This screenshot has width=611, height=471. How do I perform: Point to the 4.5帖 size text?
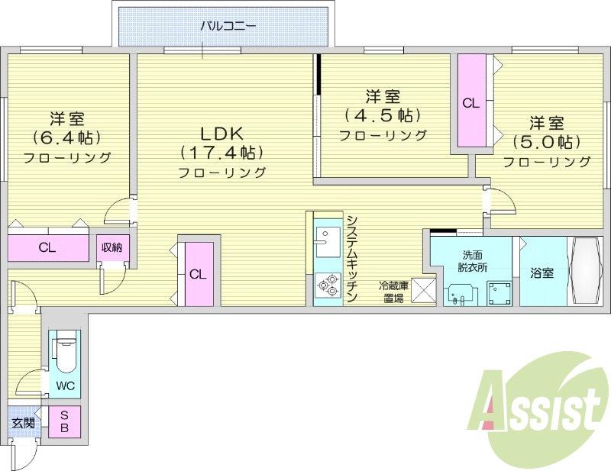(x=383, y=115)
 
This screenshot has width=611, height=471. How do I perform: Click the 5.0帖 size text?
(x=547, y=142)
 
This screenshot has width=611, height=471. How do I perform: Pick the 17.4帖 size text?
(x=222, y=150)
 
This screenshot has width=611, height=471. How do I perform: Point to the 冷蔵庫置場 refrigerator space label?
(x=394, y=292)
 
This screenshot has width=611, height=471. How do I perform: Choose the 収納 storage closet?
(x=113, y=248)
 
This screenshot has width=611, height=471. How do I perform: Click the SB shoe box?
(x=65, y=421)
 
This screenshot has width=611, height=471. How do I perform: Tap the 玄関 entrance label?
(x=22, y=422)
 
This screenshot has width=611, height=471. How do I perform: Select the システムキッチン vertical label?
(x=351, y=260)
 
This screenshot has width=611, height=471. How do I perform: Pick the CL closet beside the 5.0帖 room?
(x=471, y=102)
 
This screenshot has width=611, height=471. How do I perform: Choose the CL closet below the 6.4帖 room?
(x=47, y=247)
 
